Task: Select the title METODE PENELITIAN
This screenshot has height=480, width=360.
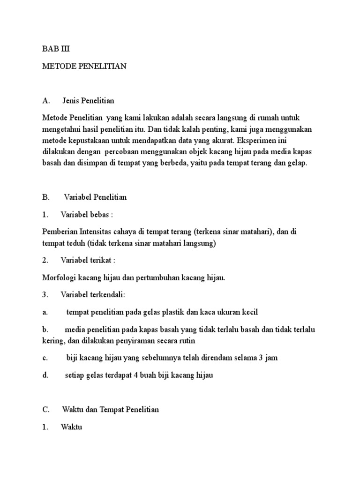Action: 84,67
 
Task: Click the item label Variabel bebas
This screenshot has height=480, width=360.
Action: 85,214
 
